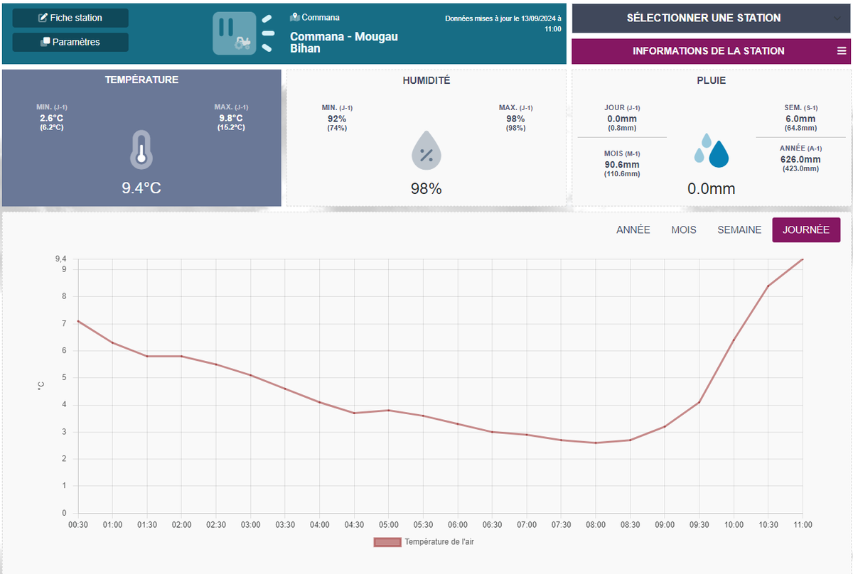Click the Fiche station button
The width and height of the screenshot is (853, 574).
[x=70, y=18]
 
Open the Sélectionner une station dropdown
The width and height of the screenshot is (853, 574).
[x=711, y=18]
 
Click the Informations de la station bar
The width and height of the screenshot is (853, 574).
[x=711, y=51]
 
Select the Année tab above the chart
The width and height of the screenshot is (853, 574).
[x=633, y=230]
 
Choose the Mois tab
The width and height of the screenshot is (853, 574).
[x=684, y=230]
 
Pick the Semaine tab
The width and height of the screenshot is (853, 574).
[x=739, y=230]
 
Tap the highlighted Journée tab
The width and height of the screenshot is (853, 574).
[x=806, y=230]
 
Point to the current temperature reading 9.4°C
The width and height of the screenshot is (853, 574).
[x=141, y=188]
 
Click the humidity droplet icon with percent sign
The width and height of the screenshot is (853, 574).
[x=426, y=151]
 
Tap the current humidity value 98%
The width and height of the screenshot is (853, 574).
[x=426, y=189]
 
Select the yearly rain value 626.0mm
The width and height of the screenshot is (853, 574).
[x=800, y=160]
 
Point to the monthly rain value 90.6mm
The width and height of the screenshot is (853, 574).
[x=622, y=164]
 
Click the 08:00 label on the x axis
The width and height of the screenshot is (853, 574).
[x=596, y=525]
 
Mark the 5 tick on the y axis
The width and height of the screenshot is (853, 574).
[x=64, y=378]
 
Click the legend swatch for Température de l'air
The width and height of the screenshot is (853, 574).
[x=387, y=542]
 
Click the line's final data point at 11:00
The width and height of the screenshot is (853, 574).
[x=803, y=259]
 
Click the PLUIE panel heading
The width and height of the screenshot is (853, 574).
[x=711, y=81]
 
